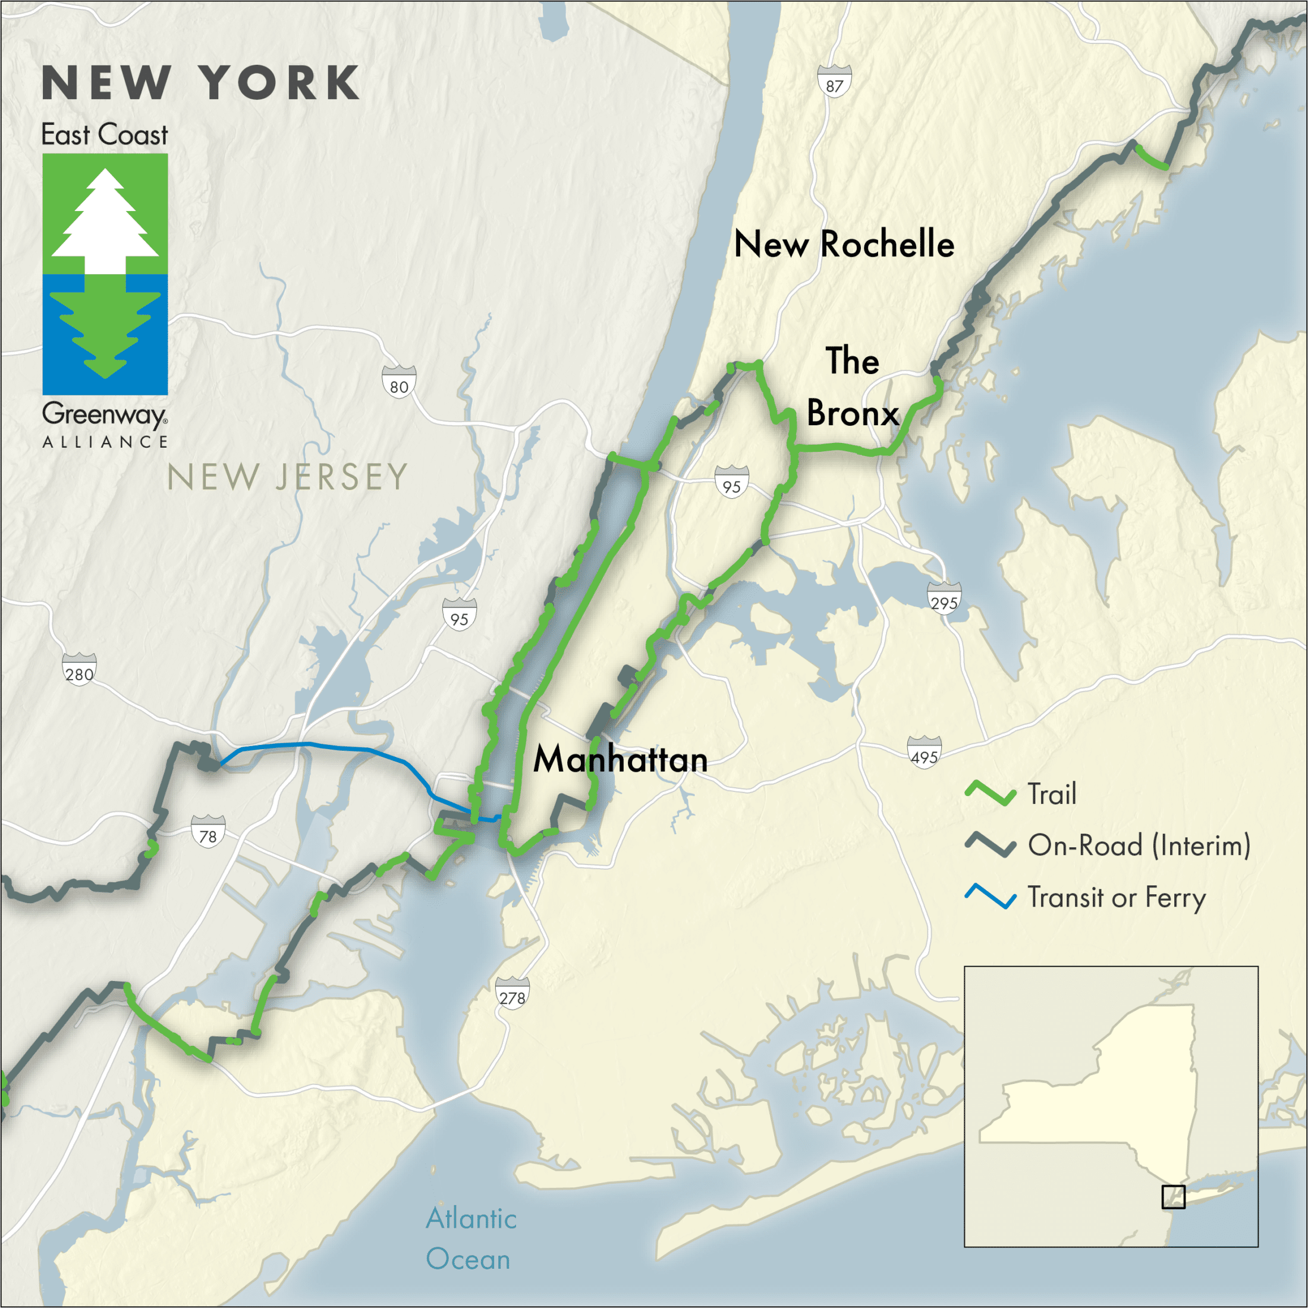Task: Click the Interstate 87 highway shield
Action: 834,82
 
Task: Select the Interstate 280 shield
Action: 79,670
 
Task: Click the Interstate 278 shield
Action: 512,994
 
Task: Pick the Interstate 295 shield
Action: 944,599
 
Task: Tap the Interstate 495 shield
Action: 924,753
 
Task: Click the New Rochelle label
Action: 844,244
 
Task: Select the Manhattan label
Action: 620,759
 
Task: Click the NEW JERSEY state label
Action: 287,477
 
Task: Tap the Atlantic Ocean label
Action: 470,1238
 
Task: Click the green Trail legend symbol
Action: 990,794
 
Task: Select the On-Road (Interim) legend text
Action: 1139,845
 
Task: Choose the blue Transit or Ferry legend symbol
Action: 990,897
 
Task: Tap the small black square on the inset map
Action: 1173,1197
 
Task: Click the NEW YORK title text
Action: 201,84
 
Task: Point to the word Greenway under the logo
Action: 104,414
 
